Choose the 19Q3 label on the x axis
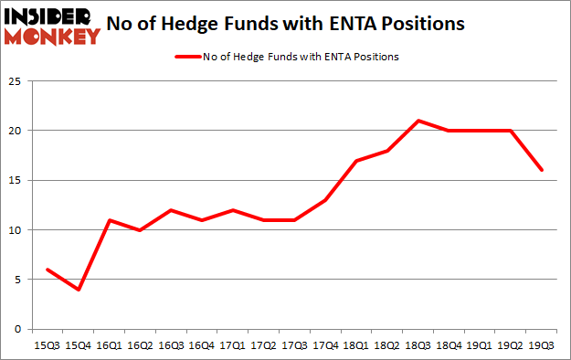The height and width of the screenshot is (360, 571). pos(543,346)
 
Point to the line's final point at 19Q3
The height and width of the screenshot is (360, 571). pos(543,170)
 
